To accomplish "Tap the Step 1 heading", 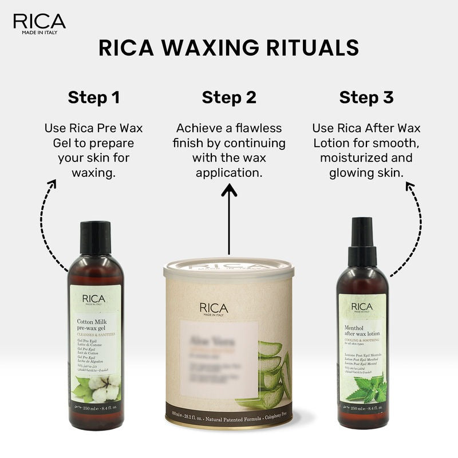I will coord(94,97).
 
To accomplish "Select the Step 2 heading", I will coord(229,97).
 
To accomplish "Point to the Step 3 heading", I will coord(366,97).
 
